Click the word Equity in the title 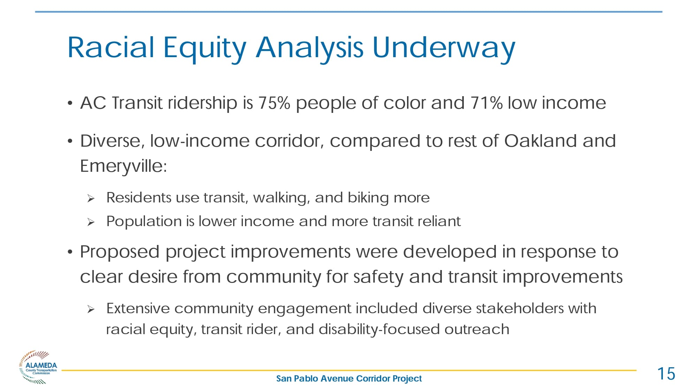(x=205, y=48)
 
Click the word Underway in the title (x=444, y=48)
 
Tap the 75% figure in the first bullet (x=274, y=103)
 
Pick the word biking (x=368, y=198)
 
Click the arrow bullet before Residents (x=91, y=199)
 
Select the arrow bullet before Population (x=91, y=222)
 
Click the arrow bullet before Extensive (x=91, y=309)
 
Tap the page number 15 (x=666, y=374)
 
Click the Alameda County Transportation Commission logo (x=38, y=367)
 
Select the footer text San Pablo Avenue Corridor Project (x=349, y=378)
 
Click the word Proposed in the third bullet (x=120, y=252)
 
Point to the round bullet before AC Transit (x=70, y=103)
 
